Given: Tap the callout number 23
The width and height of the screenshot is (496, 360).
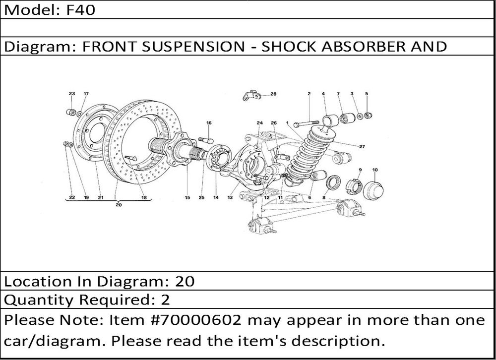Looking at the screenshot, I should tap(71, 93).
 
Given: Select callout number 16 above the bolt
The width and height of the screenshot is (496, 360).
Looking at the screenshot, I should tap(209, 122).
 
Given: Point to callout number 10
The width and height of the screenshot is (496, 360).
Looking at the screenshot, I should tap(374, 170).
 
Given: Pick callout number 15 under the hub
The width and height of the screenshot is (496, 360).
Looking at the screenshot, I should tap(187, 197).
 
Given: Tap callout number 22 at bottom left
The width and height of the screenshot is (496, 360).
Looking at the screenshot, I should tap(71, 197).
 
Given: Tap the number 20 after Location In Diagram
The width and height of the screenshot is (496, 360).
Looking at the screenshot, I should tap(185, 282).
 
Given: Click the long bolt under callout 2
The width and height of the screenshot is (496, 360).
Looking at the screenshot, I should tap(306, 123).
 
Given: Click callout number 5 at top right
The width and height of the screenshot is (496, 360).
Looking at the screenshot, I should tap(367, 93).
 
